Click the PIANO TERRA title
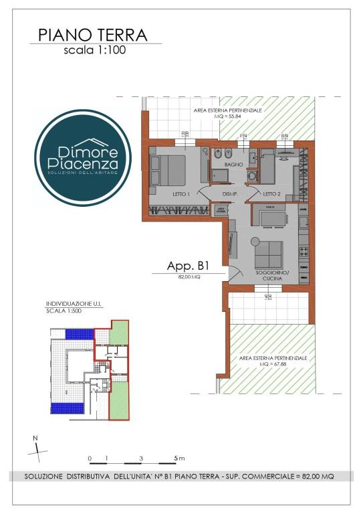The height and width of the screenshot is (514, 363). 93,34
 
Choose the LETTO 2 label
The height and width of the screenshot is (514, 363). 271,194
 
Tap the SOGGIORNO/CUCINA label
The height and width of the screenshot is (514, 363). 271,278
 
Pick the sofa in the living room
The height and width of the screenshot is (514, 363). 271,253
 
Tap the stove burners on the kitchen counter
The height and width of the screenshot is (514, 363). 304,252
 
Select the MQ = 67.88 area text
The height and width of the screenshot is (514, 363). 275,365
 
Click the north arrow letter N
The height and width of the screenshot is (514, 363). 35,439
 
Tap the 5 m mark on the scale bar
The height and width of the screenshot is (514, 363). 178,458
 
